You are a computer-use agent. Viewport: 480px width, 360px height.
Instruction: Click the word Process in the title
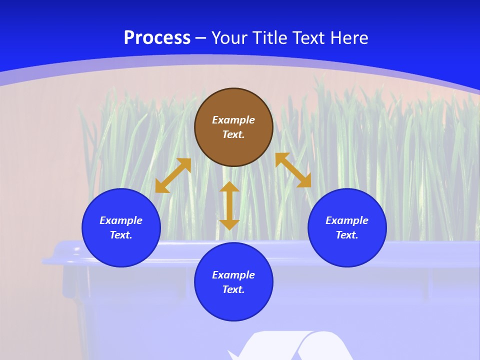pos(157,38)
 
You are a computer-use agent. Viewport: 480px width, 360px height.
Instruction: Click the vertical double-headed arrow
pos(229,205)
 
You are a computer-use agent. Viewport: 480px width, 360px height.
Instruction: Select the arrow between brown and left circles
pos(173,175)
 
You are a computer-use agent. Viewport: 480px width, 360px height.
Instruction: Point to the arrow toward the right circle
pos(293,170)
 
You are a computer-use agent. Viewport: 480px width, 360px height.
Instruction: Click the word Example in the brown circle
pos(233,120)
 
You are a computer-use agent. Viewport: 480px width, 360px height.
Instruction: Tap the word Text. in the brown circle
pos(233,134)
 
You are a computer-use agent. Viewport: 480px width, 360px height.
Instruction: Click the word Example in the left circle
pos(121,220)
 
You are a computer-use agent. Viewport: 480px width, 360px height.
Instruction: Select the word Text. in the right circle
pos(347,235)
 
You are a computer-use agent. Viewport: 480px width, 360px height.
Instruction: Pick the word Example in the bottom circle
pos(233,275)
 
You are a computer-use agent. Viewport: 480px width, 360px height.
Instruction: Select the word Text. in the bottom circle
pos(233,289)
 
